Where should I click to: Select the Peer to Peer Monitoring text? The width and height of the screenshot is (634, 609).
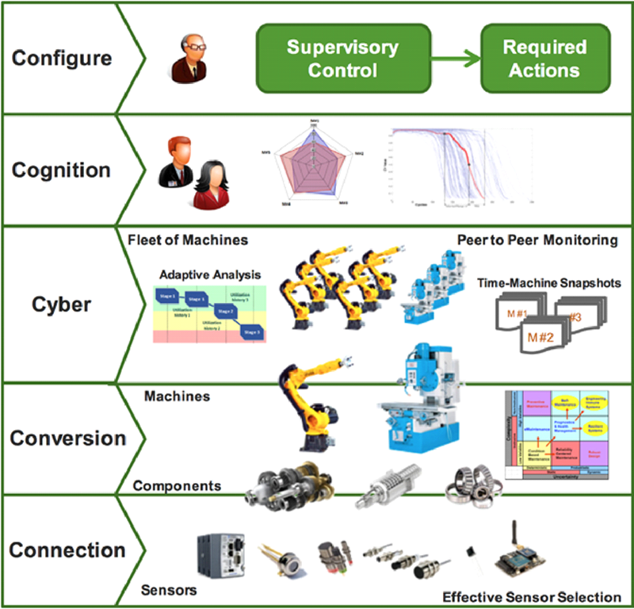coord(537,239)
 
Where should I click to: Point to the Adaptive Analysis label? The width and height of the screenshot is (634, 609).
coord(209,274)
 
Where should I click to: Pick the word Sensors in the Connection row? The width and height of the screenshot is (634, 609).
coord(169,591)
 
